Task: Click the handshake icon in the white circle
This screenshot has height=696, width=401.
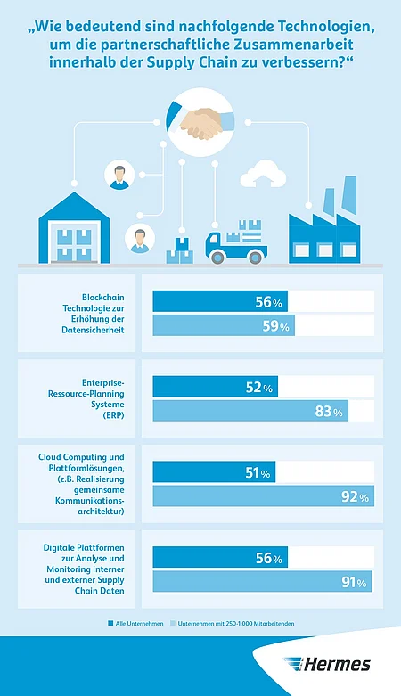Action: pos(200,121)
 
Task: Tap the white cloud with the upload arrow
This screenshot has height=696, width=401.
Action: pos(263,174)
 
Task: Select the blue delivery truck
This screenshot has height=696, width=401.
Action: pos(236,242)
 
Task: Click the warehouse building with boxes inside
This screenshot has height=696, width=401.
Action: pos(74,228)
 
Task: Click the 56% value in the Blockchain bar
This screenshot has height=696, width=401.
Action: pos(268,302)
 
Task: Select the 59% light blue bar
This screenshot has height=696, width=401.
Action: pos(224,325)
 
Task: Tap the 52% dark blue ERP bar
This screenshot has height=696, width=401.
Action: pos(216,387)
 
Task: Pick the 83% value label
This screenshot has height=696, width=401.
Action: pos(329,412)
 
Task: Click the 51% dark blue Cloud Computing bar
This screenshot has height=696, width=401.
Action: pos(214,471)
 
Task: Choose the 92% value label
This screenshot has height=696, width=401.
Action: pos(355,496)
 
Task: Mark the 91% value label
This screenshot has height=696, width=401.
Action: pos(354,582)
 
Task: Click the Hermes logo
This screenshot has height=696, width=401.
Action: pos(327,664)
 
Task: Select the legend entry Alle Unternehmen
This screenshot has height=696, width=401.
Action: pos(135,624)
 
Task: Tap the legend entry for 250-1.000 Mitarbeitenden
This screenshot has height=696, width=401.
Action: pos(232,624)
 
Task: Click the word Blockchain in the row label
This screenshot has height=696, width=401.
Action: pos(103,298)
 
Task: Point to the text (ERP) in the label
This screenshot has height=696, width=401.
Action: pos(114,415)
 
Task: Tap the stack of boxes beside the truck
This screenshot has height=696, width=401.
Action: pos(180,251)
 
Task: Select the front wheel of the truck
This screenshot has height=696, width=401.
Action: pos(217,258)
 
